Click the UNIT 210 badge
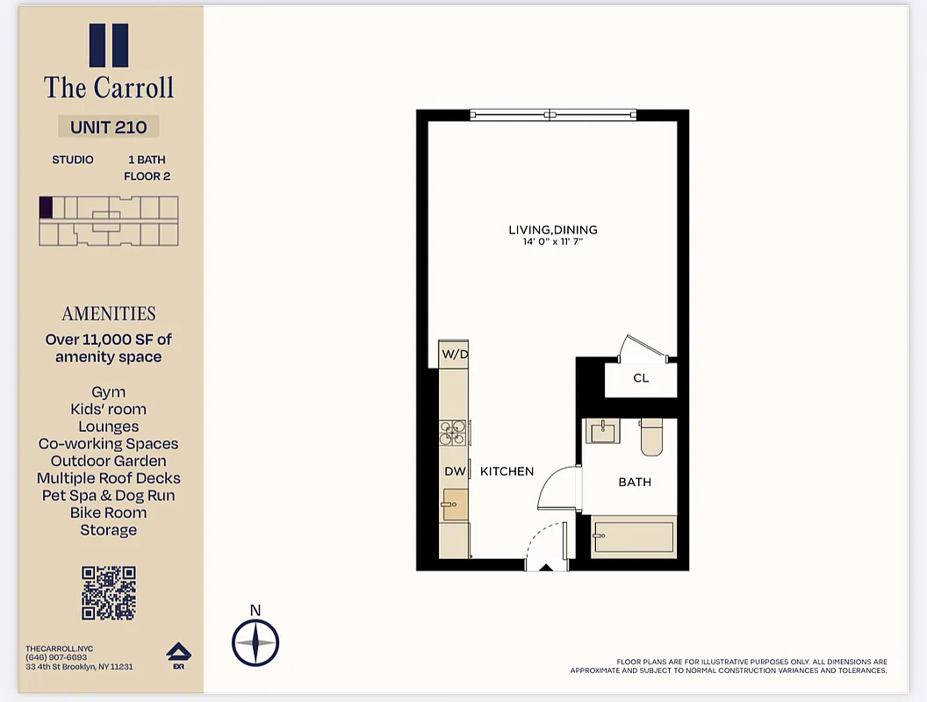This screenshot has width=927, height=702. (109, 126)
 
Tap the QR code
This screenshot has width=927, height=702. (109, 593)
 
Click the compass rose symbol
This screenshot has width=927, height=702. (255, 642)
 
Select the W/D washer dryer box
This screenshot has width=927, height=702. (454, 355)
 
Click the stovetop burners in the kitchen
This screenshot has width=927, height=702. (454, 431)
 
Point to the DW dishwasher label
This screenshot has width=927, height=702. (455, 471)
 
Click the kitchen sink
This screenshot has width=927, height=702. (455, 505)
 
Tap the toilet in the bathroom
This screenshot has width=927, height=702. (652, 436)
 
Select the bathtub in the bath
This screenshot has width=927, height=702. (633, 534)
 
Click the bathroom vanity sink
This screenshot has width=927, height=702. (603, 431)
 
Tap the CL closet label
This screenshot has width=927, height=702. (641, 378)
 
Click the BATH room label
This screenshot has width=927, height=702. (635, 482)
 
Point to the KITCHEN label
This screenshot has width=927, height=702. (507, 471)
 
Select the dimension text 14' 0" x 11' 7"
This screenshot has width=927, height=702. (553, 241)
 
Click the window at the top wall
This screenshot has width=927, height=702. (552, 114)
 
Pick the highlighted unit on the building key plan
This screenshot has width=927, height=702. (46, 207)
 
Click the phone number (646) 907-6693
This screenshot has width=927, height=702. (56, 657)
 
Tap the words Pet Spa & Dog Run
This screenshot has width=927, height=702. (109, 496)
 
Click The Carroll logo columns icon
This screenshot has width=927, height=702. (109, 46)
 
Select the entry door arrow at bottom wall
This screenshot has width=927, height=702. (545, 568)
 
